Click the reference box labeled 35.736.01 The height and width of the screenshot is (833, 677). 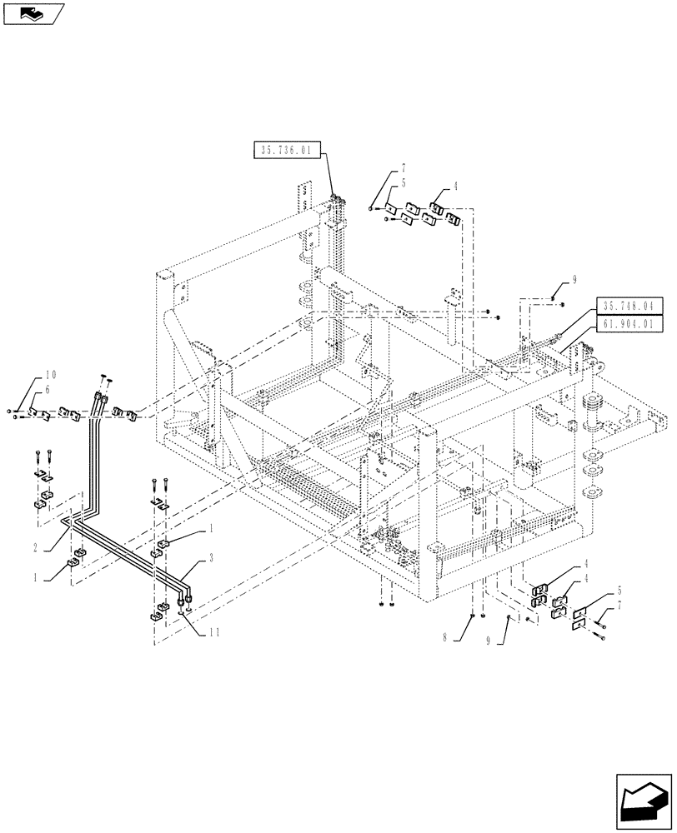point(285,150)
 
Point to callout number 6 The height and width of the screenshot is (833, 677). point(47,390)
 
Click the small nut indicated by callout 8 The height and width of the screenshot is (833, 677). point(473,616)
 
